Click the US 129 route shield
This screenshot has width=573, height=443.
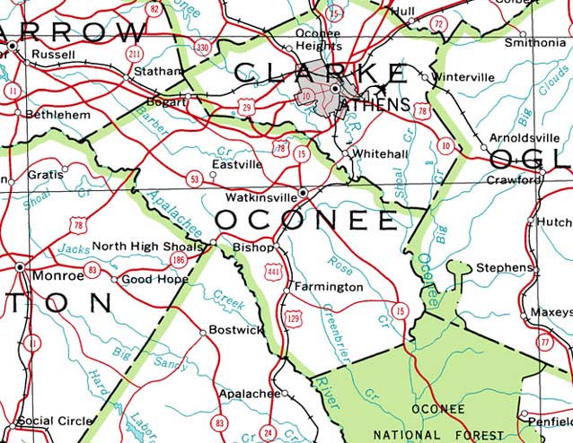pos(292,317)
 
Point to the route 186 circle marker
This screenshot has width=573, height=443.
pos(179,260)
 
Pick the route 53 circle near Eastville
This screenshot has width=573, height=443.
pos(194,180)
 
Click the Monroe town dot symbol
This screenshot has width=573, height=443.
pos(20,266)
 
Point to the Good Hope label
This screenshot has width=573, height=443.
pos(154,279)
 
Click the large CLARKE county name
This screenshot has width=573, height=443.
pos(320,72)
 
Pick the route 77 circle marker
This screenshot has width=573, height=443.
pos(544,342)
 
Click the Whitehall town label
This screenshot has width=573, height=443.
pos(380,153)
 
